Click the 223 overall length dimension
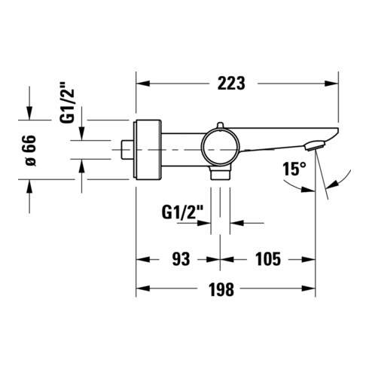coord(231,83)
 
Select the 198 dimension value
coord(221,289)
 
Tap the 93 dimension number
coord(181,259)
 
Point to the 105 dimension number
coord(268,259)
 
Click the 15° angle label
coord(294,169)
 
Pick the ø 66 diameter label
coord(31,151)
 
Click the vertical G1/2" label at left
coord(67,102)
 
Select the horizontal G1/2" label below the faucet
coord(182,212)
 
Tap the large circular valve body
coord(220,147)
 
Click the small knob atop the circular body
coord(220,125)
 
